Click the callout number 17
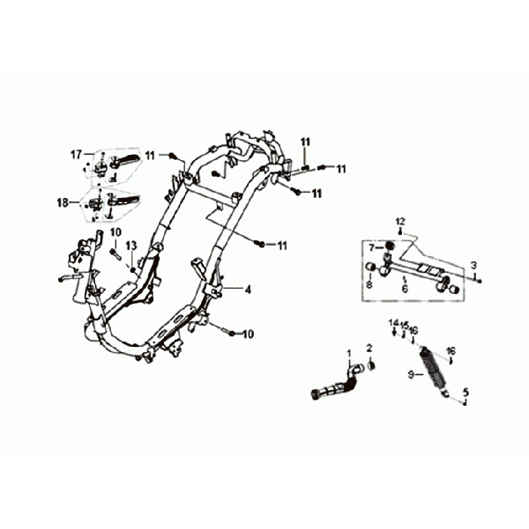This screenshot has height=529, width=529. pyautogui.click(x=76, y=154)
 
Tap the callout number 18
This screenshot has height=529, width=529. pyautogui.click(x=63, y=203)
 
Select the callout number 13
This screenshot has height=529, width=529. pyautogui.click(x=131, y=246)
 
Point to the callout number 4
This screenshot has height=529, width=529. pyautogui.click(x=248, y=289)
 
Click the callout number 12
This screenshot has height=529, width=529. pyautogui.click(x=401, y=221)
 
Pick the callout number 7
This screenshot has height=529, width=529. pyautogui.click(x=372, y=248)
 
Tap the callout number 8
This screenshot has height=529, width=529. pyautogui.click(x=369, y=284)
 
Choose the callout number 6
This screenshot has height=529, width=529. pyautogui.click(x=404, y=289)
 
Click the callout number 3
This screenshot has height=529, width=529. pyautogui.click(x=474, y=264)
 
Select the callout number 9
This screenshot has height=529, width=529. pyautogui.click(x=410, y=374)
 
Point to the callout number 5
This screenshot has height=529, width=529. pyautogui.click(x=466, y=392)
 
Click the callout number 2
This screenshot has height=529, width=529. pyautogui.click(x=369, y=348)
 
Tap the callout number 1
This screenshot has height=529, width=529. pyautogui.click(x=349, y=353)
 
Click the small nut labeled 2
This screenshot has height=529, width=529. pyautogui.click(x=371, y=366)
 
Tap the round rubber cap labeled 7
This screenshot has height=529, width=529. pyautogui.click(x=390, y=246)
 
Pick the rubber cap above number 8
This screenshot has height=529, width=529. pyautogui.click(x=371, y=267)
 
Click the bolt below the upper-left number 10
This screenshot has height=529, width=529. pyautogui.click(x=116, y=253)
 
